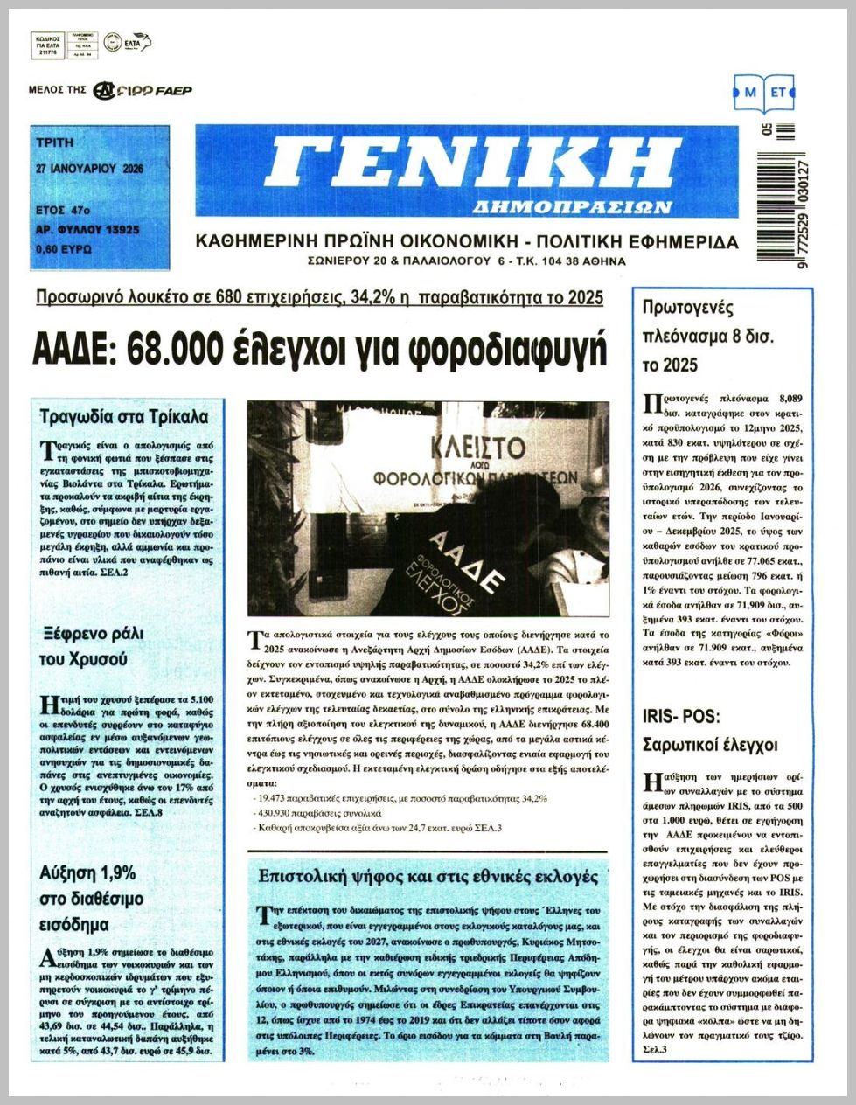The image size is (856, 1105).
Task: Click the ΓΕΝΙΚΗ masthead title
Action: coord(472,164)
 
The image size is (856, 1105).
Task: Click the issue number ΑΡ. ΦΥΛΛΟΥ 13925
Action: coord(88,230)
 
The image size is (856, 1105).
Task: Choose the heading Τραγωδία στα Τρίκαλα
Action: coord(124,417)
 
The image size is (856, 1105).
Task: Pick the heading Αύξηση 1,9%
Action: coord(87,872)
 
